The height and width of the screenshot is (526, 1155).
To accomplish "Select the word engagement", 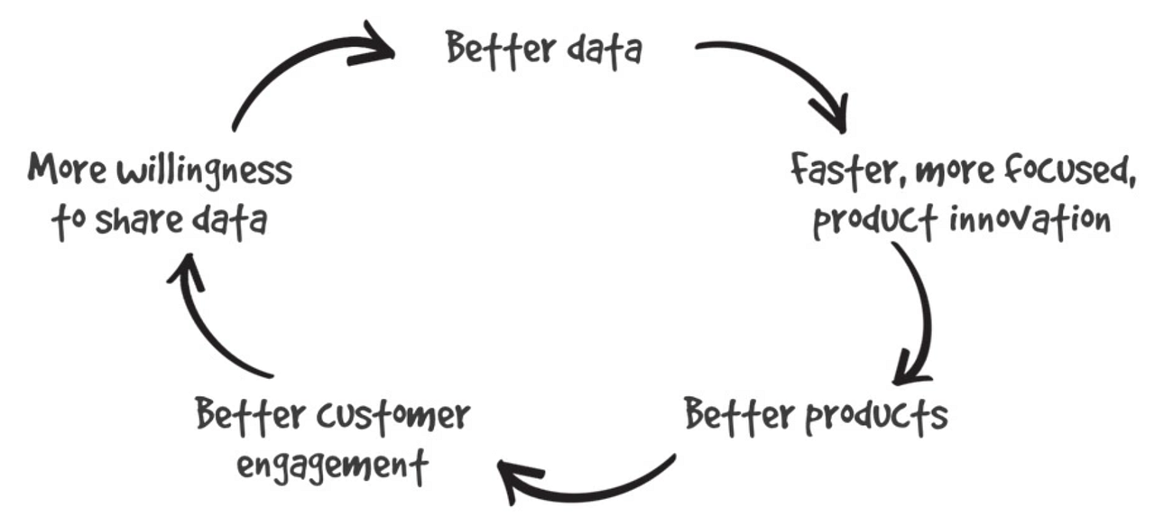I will [x=331, y=467].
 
